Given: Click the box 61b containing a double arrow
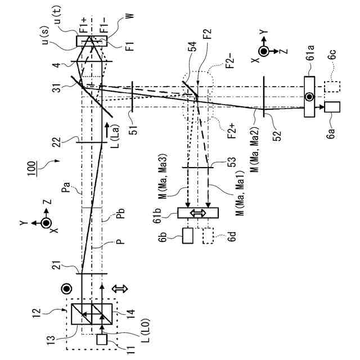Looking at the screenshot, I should pyautogui.click(x=197, y=213).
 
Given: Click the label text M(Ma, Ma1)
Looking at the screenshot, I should pyautogui.click(x=231, y=204).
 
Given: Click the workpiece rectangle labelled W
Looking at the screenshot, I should pyautogui.click(x=92, y=41).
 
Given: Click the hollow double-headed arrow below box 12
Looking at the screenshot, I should pyautogui.click(x=120, y=288).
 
